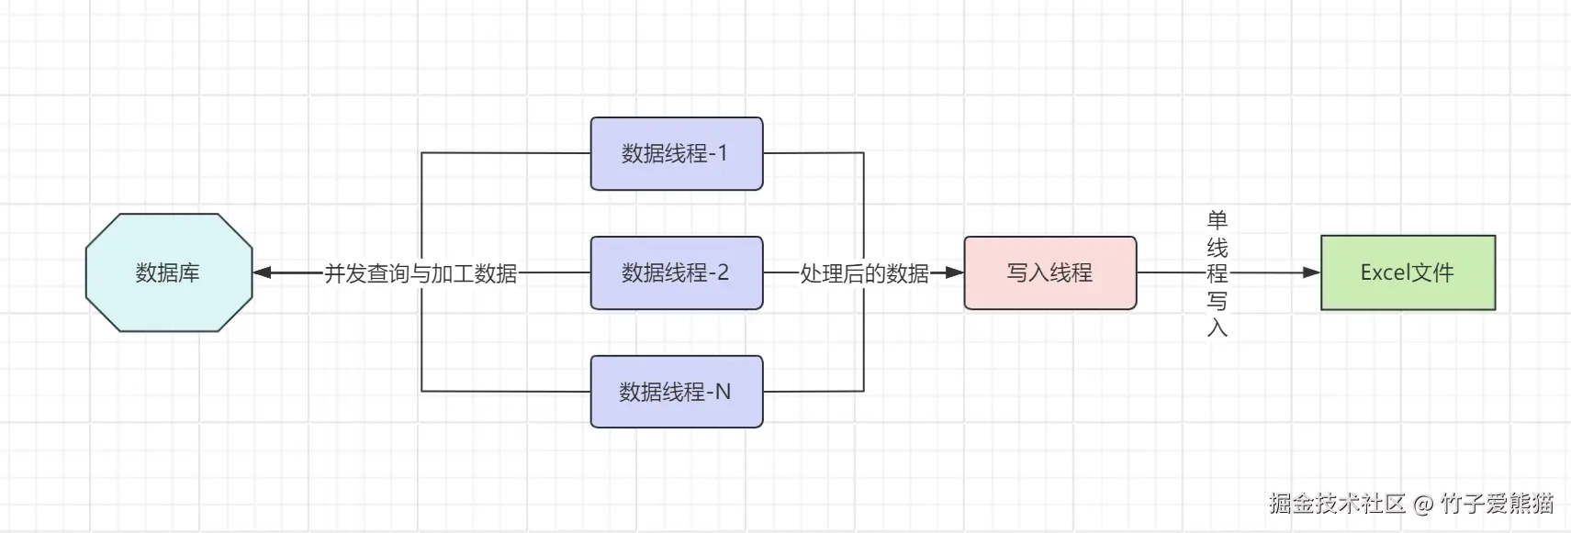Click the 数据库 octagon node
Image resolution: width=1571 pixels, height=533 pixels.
[x=168, y=272]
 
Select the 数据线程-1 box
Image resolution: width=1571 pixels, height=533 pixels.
[x=676, y=153]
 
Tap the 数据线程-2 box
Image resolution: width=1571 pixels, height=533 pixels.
[x=676, y=272]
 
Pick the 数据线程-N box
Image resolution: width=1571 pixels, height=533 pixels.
[x=676, y=392]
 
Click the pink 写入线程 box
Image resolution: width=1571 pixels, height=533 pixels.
[x=1049, y=272]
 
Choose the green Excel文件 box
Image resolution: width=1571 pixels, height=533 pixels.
[x=1408, y=272]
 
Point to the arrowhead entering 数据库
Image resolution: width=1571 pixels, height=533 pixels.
[x=262, y=272]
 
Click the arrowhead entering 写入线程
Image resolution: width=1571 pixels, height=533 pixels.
[x=954, y=272]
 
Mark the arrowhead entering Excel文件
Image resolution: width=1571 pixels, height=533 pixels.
[x=1311, y=272]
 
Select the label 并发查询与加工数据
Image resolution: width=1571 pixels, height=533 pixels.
[x=421, y=273]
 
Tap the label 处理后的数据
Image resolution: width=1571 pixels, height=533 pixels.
[x=864, y=273]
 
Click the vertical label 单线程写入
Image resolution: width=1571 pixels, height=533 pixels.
[x=1217, y=273]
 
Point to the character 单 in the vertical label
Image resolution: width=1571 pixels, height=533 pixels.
[x=1217, y=220]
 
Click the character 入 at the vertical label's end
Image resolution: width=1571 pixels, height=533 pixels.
[x=1217, y=328]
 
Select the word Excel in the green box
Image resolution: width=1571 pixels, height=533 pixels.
[x=1384, y=272]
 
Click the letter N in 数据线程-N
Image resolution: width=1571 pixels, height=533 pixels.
[x=723, y=392]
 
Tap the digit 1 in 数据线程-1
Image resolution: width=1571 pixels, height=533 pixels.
[x=722, y=153]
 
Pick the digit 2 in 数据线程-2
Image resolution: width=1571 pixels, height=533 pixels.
[x=722, y=272]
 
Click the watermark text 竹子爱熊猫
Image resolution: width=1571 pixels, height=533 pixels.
[x=1497, y=503]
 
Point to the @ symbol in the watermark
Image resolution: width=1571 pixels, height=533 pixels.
[x=1422, y=504]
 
